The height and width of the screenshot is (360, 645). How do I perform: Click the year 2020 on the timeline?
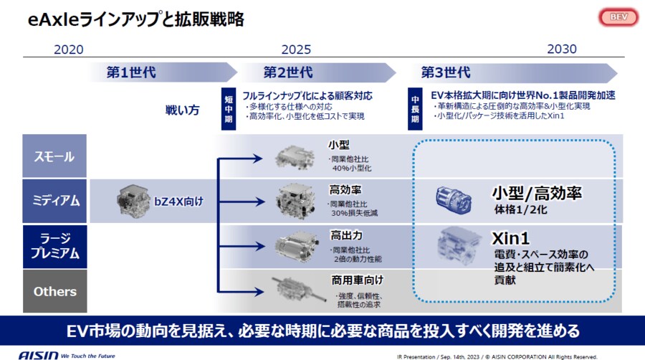click(x=69, y=49)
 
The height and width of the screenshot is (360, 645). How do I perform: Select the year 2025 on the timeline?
click(x=295, y=49)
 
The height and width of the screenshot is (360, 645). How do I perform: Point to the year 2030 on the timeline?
click(x=561, y=49)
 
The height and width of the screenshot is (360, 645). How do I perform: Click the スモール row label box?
click(x=54, y=156)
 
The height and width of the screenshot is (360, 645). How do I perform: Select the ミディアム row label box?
click(x=54, y=201)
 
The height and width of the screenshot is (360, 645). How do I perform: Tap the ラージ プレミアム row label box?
click(x=54, y=246)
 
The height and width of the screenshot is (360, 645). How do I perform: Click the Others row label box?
click(x=54, y=291)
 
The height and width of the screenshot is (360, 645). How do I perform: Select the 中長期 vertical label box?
click(x=415, y=108)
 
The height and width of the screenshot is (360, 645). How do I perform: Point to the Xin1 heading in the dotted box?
click(x=510, y=237)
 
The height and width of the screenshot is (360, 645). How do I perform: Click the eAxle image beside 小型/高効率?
click(x=453, y=200)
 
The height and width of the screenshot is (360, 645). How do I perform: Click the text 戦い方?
click(x=183, y=110)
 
